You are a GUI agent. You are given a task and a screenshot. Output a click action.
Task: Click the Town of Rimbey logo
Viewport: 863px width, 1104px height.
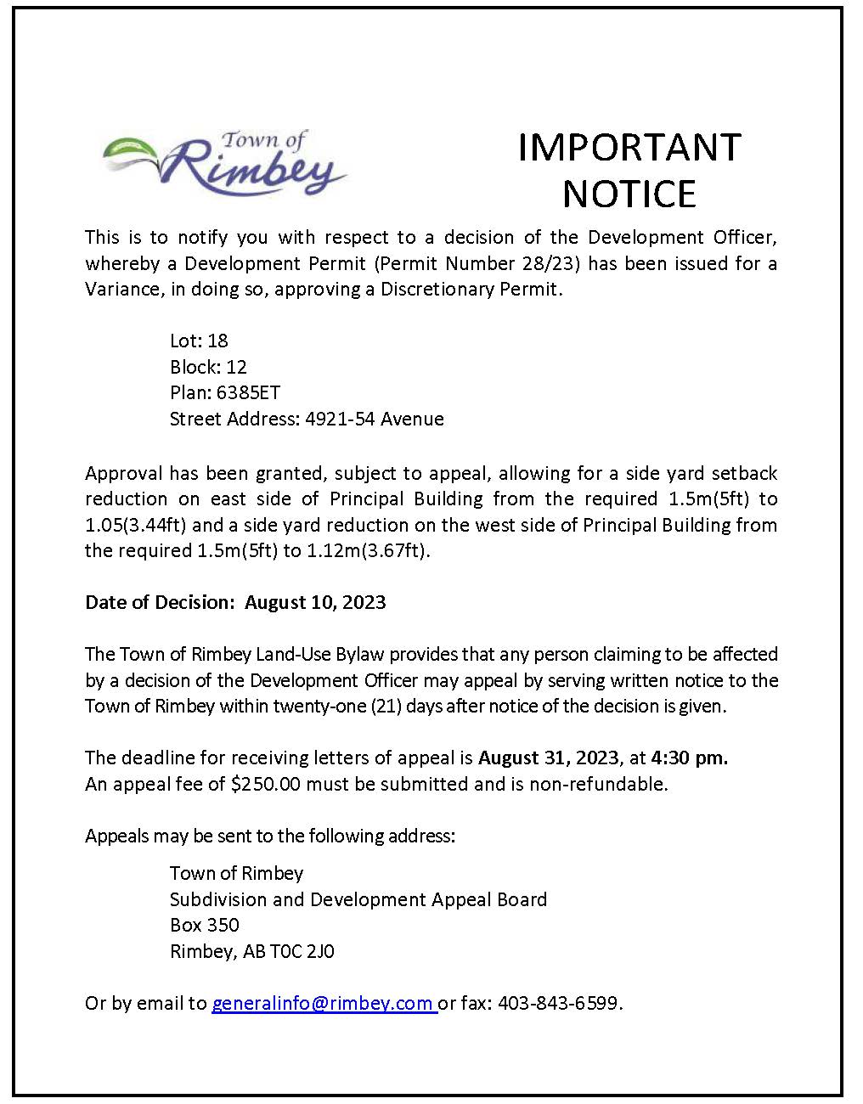click(x=224, y=164)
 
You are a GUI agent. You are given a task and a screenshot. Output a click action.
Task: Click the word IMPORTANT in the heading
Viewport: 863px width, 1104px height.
click(x=629, y=147)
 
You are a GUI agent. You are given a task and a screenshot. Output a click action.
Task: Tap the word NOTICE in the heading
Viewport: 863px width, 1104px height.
click(x=629, y=194)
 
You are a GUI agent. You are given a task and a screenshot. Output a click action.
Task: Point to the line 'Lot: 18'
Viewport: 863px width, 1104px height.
click(x=199, y=341)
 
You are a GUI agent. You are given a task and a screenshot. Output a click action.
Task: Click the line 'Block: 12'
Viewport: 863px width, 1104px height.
click(x=208, y=367)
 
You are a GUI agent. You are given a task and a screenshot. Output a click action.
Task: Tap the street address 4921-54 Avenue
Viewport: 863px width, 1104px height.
click(x=375, y=419)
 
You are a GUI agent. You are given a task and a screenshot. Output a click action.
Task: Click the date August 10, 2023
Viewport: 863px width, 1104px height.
click(x=315, y=602)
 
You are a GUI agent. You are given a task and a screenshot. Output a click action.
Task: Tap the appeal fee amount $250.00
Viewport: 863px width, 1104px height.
click(x=265, y=784)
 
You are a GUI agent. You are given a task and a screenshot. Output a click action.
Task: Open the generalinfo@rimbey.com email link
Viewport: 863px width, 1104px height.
click(x=323, y=1003)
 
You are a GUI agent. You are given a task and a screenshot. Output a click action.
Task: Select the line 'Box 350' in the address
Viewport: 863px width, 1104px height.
click(x=205, y=925)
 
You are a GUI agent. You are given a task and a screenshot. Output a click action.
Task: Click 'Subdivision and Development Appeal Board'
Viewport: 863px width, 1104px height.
click(x=358, y=899)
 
